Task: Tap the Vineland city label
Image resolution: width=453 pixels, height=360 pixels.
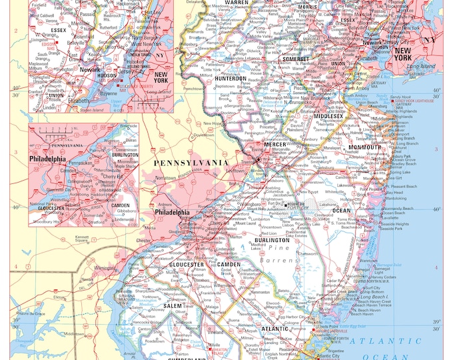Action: coord(215,331)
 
